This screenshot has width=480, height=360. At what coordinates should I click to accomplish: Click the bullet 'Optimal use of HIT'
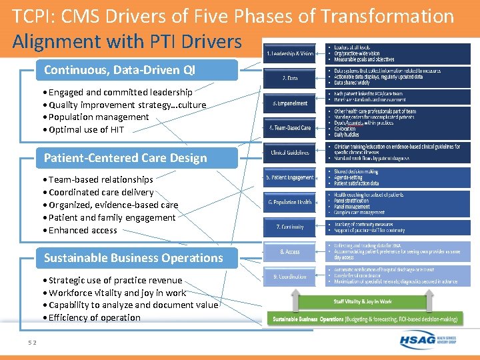pos(86,129)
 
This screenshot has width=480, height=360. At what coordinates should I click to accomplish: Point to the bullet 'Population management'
pos(99,117)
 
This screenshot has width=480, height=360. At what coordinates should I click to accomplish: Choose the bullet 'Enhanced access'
pos(83,230)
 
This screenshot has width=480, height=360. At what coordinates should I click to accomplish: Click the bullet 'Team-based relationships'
pos(101,179)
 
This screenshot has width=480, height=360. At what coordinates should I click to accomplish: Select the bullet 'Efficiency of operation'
pos(94,317)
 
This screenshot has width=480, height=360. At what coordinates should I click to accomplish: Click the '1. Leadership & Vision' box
pos(290,53)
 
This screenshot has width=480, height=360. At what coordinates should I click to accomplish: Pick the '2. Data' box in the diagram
pos(290,78)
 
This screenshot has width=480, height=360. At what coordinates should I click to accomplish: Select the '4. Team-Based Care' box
pos(290,127)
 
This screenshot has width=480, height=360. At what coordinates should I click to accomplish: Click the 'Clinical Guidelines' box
pos(290,153)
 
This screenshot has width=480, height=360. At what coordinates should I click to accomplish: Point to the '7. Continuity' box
pos(290,227)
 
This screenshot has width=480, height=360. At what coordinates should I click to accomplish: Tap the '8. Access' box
pos(290,252)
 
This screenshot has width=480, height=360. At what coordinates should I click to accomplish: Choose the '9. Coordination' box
pos(290,276)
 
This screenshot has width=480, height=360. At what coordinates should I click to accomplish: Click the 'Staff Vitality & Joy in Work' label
pos(363,301)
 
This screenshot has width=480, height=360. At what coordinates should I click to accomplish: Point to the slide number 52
pos(32,343)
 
